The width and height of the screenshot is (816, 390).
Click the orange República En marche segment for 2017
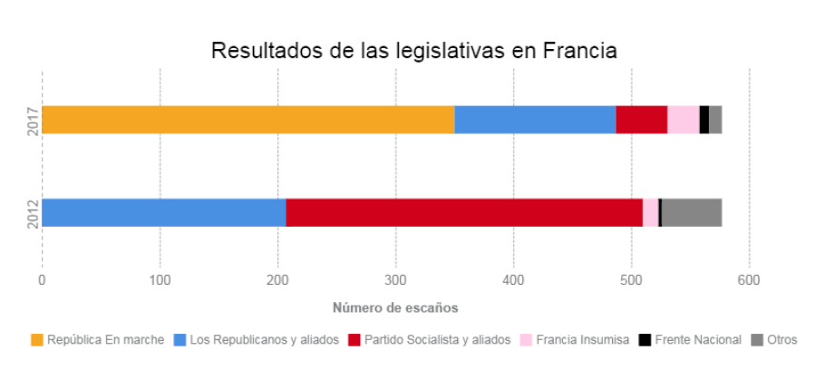(248, 120)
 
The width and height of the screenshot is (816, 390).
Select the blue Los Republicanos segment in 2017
(535, 120)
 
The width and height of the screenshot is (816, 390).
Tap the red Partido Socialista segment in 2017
(641, 120)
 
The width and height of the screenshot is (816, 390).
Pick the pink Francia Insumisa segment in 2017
(683, 120)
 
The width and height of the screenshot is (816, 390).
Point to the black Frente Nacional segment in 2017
(704, 120)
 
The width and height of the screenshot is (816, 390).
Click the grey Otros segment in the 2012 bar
(692, 212)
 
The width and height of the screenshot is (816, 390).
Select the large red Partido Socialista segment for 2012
(464, 212)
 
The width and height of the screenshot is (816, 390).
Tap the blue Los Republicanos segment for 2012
(163, 212)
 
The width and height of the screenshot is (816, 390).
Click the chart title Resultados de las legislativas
(413, 50)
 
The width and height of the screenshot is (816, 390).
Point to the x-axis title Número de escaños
(394, 307)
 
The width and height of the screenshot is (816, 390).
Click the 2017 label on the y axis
(31, 120)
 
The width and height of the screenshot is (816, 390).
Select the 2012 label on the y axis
(31, 212)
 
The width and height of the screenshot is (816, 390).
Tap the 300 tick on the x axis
(395, 280)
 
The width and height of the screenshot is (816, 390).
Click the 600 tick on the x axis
(749, 280)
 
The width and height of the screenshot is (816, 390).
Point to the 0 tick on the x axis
(42, 280)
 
